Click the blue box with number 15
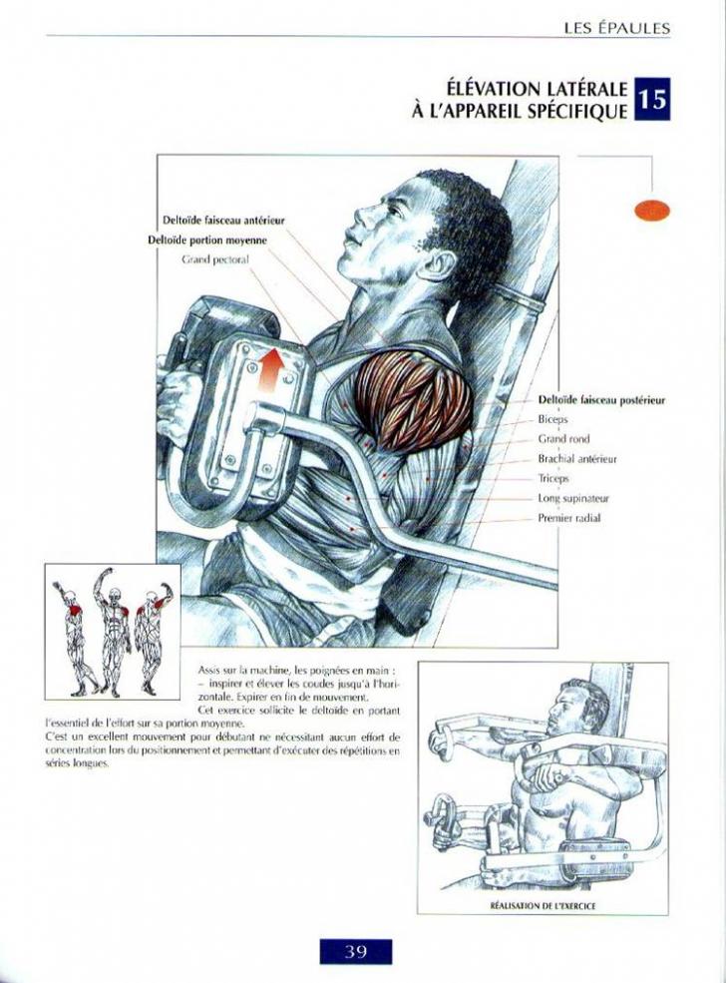652,99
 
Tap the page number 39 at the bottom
355,952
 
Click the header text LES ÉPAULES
616,28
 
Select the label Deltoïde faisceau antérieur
223,221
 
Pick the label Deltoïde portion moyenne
207,241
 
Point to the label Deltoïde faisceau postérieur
601,400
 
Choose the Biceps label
553,419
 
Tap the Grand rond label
563,439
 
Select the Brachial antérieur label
577,459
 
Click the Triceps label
553,478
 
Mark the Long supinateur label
573,498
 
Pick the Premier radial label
569,518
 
